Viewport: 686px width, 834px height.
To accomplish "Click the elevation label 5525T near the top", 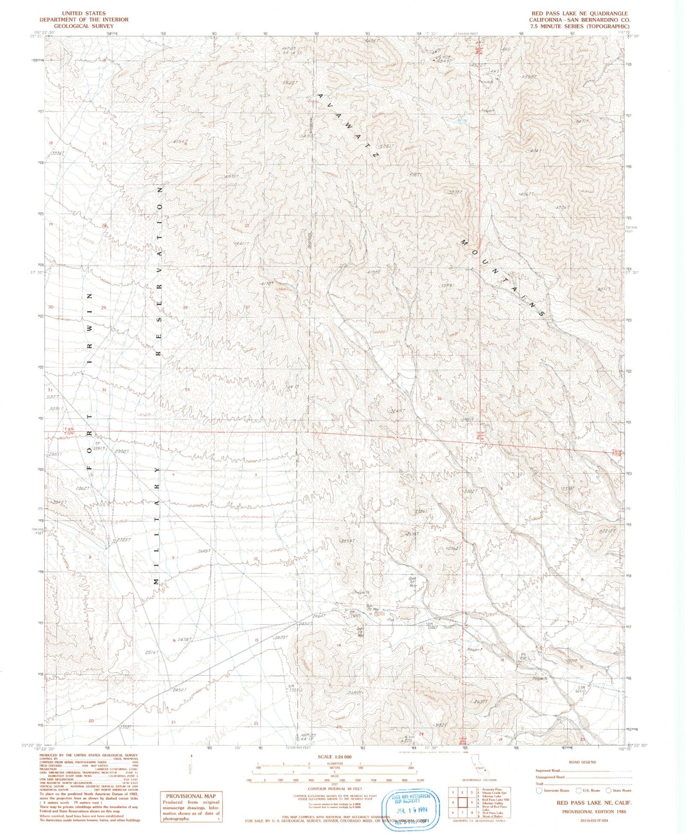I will tap(289, 82).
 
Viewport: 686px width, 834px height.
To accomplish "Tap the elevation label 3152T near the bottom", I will tap(440, 725).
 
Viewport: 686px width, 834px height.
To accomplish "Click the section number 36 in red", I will tap(440, 398).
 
